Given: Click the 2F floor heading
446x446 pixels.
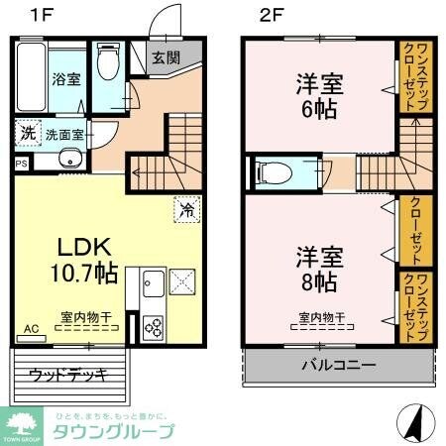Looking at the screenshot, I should pos(273,16).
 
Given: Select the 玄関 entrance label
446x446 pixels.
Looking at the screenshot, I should pos(167,56).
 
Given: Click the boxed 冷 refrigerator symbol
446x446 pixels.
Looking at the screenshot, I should pos(184,208).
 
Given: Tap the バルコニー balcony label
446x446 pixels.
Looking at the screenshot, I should pos(339,365).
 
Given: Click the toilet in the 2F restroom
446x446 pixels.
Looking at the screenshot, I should pos(274,173).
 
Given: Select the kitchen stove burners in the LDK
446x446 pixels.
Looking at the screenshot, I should pos(154,324).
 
